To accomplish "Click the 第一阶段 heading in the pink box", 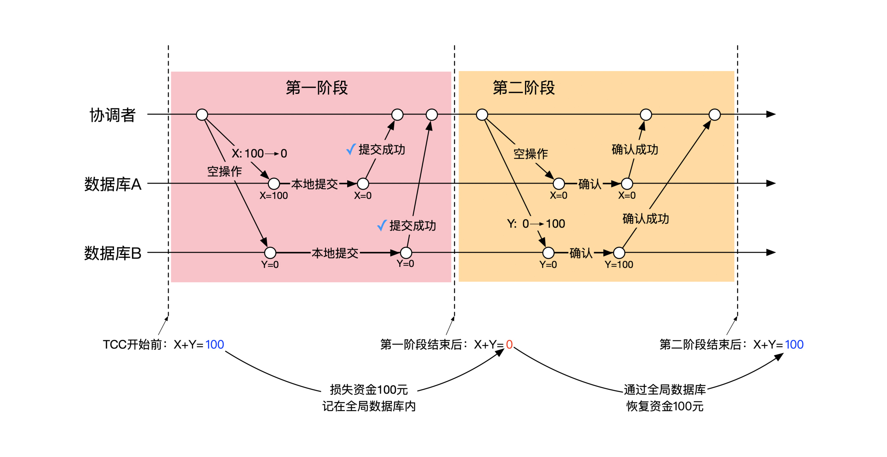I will [317, 87].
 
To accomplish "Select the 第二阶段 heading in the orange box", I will [523, 87].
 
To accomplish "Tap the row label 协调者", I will [112, 115].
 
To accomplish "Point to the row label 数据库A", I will [113, 184].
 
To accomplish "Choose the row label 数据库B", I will [113, 253].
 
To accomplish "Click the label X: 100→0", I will [259, 153].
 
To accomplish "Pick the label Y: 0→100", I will [536, 224].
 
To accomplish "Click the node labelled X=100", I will [274, 184].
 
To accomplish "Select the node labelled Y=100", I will [619, 252].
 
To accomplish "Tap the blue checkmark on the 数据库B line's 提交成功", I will [382, 225].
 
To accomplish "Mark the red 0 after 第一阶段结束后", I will [509, 345].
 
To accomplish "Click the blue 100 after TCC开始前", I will [214, 345].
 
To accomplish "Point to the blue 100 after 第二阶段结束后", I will [794, 345].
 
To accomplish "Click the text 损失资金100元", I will [369, 390].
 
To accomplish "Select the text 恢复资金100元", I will [665, 406].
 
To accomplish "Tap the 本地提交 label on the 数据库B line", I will [335, 253].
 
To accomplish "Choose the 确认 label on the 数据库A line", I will [590, 184].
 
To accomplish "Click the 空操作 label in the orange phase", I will [531, 154].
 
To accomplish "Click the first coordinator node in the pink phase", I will [202, 114].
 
